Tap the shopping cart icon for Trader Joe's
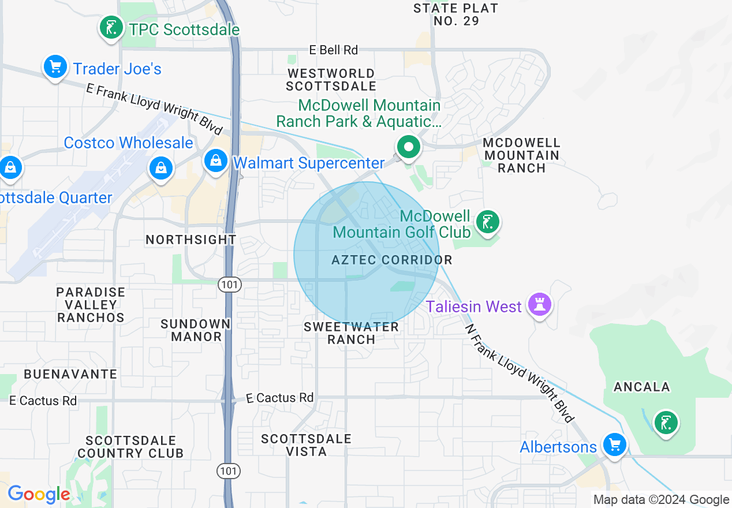point(55,67)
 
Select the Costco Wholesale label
point(128,143)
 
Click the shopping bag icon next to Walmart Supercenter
point(215,160)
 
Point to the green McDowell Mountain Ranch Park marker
point(409,147)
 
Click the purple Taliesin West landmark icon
point(540,303)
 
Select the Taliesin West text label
point(473,307)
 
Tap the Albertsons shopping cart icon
point(614,444)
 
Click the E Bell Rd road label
point(334,50)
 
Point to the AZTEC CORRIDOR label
point(391,260)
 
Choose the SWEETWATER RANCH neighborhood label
point(352,333)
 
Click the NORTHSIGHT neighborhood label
point(191,240)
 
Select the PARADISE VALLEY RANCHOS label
point(91,305)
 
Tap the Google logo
point(39,494)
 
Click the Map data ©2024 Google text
point(662,500)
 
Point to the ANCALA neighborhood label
point(641,387)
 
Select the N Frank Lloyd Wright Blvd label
point(520,373)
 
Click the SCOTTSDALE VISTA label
point(306,445)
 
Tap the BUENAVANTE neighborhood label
point(70,374)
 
